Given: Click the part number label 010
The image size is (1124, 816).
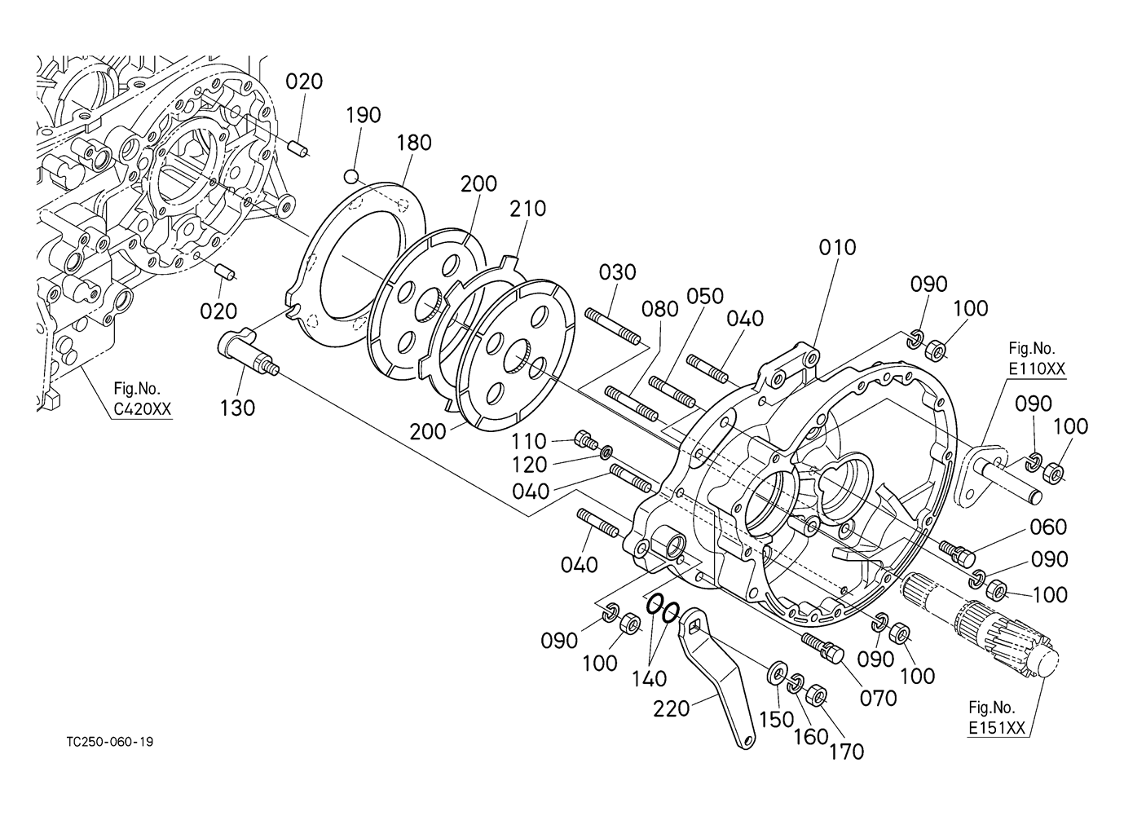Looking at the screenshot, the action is pos(837,248).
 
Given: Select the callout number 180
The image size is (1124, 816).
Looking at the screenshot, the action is pos(414,143).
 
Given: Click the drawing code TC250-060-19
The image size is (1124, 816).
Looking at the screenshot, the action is pos(110,742).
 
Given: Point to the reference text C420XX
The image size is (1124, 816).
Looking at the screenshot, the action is pos(143,409).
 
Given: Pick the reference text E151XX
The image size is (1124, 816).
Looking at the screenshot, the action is pos(996,728).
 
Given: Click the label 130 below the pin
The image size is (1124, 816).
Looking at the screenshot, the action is pos(237,408).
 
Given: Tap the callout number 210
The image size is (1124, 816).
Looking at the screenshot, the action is pos(528,209).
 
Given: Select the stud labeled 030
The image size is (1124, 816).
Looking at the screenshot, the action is pos(613,327).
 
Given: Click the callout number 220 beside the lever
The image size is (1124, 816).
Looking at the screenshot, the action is pos(672,709).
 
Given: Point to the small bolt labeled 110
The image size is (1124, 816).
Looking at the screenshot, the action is pos(586,439).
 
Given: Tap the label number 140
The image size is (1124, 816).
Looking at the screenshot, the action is pos(650,679).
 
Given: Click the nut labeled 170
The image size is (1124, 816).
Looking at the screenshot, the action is pos(817,695).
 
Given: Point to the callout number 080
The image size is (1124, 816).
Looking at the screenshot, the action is pos(660,310).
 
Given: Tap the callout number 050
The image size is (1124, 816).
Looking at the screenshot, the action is pos(706,297).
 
